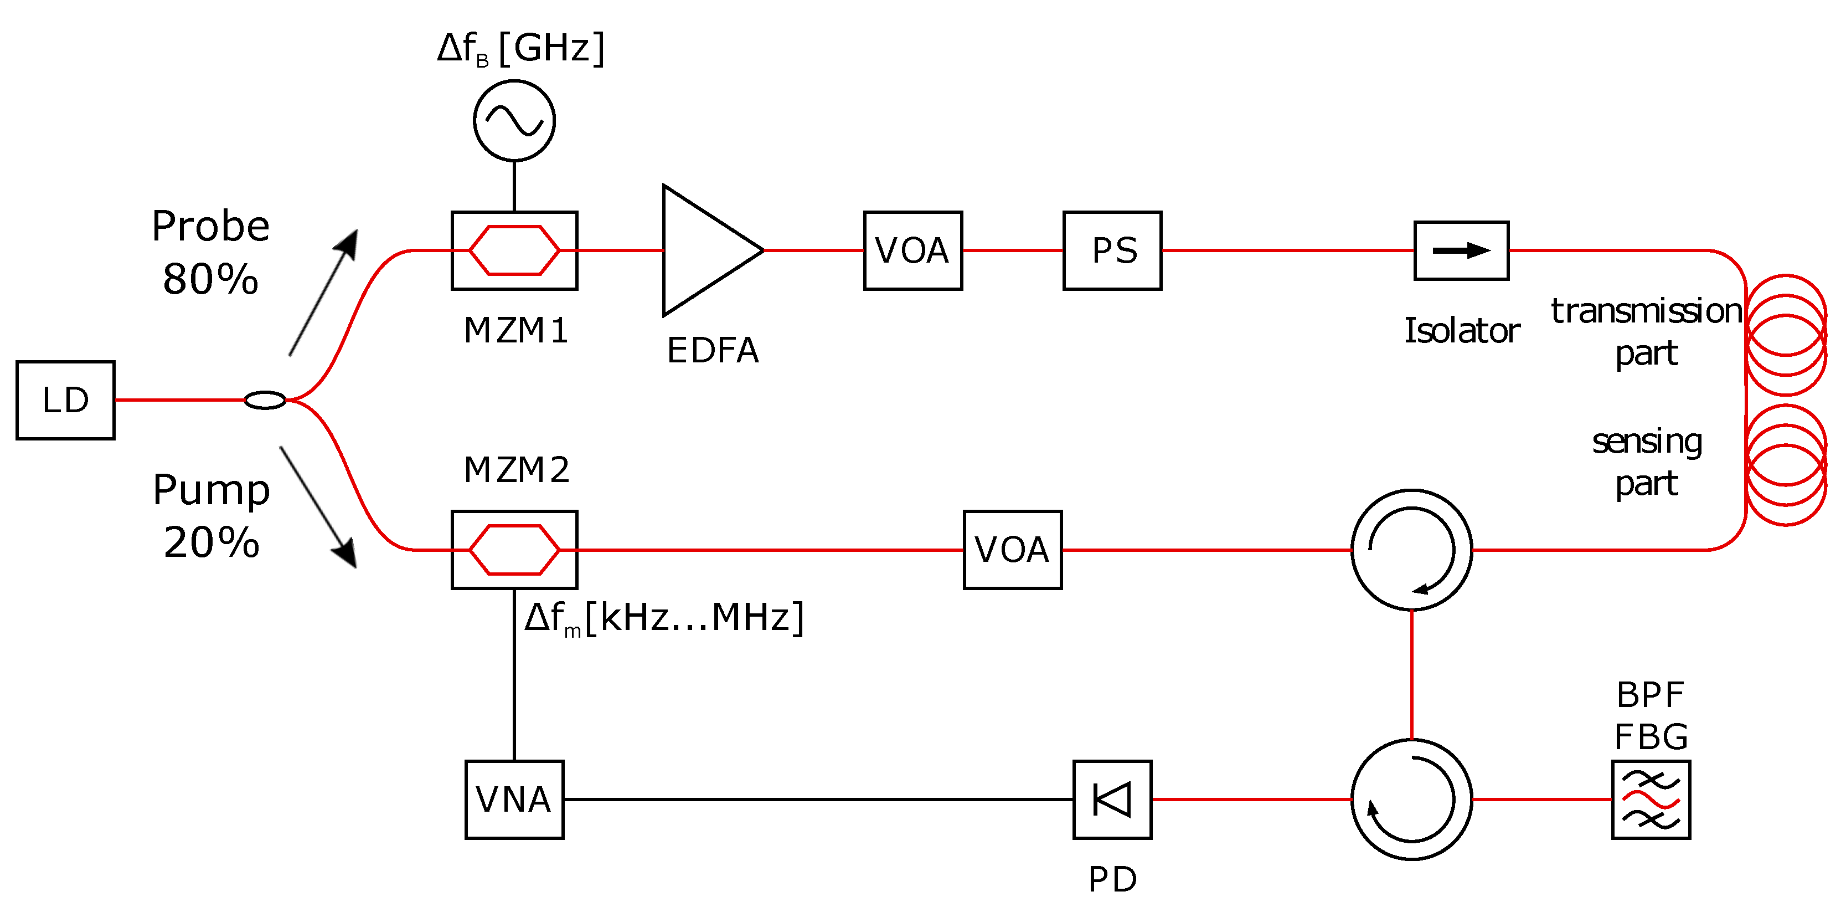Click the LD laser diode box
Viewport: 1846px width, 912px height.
coord(65,400)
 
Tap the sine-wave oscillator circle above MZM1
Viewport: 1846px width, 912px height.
coord(514,120)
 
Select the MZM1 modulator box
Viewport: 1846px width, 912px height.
coord(514,250)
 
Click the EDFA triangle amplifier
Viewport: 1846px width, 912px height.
coord(702,250)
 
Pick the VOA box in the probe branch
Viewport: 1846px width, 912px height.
coord(912,250)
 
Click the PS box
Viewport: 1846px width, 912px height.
coord(1112,250)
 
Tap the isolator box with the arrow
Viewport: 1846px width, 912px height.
coord(1461,250)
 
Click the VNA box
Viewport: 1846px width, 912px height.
coord(514,799)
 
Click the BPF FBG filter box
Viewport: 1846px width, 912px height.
coord(1651,799)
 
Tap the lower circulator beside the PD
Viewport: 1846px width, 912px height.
coord(1411,799)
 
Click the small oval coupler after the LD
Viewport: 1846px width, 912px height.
coord(265,400)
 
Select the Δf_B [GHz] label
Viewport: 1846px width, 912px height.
coord(521,49)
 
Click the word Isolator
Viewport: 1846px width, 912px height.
coord(1461,331)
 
